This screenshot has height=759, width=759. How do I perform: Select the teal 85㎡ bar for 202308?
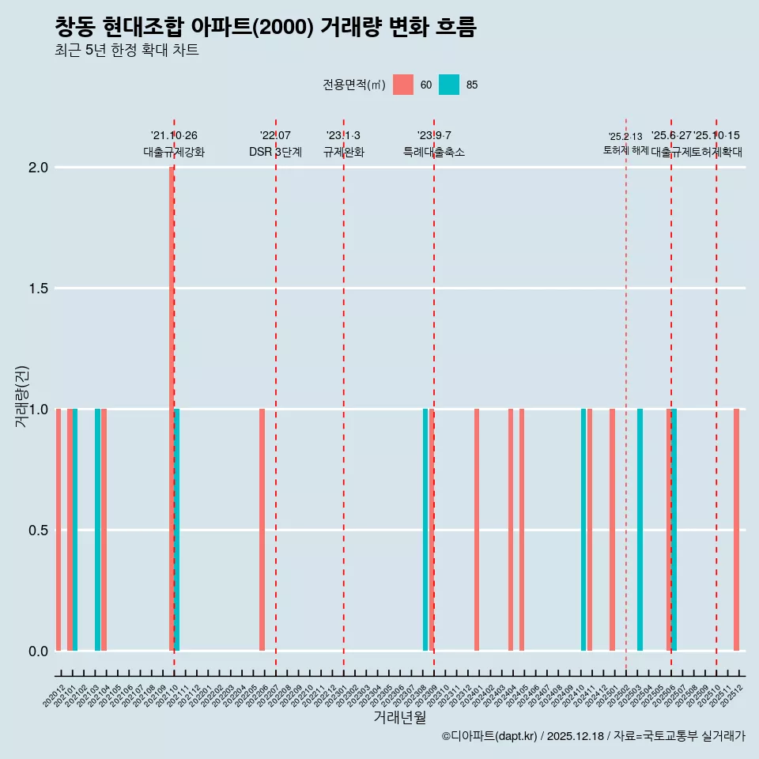(425, 530)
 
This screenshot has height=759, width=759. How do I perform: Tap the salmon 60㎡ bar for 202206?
(262, 530)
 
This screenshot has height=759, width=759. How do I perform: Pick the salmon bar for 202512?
(736, 530)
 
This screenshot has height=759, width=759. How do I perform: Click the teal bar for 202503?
(640, 530)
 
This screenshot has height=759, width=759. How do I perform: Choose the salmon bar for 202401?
(477, 530)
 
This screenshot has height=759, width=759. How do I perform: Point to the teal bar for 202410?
(583, 530)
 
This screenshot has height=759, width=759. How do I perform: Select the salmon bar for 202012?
(59, 530)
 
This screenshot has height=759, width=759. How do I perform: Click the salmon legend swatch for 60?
(403, 85)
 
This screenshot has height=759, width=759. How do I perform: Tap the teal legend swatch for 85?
(449, 85)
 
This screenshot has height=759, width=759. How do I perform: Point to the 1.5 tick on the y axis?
(37, 289)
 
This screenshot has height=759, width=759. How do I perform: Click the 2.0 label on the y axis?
(37, 168)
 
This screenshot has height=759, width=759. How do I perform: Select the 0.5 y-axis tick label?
(37, 531)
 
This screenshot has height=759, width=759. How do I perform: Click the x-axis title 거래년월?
(400, 717)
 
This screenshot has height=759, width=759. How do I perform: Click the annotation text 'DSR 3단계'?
(275, 152)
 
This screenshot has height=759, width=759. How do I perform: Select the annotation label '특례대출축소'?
(433, 152)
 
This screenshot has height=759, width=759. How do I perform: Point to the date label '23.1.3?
(343, 136)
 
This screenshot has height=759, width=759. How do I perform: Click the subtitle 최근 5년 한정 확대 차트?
(126, 51)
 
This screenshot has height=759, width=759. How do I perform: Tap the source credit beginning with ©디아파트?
(593, 736)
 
